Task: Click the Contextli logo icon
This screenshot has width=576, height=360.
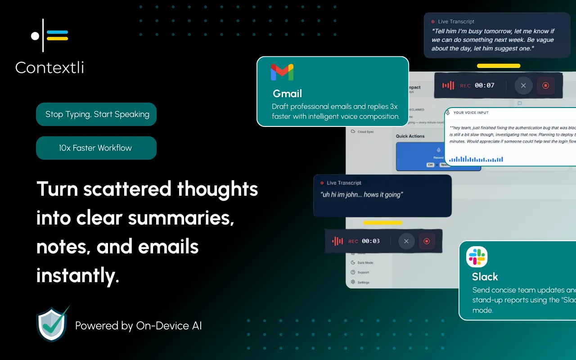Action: [49, 35]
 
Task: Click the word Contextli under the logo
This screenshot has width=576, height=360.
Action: [49, 68]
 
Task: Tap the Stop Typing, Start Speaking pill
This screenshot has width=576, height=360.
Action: [96, 114]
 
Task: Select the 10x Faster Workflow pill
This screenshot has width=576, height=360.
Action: [96, 148]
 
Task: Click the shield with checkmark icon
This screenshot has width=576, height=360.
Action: [52, 324]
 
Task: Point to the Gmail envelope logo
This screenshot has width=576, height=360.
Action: [282, 72]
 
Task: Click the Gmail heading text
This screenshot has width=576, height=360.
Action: [287, 94]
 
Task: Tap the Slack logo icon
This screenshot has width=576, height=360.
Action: [477, 257]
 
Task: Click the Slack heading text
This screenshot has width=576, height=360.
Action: [485, 277]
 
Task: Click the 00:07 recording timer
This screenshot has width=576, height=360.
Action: [484, 85]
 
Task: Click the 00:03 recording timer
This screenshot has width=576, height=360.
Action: [370, 241]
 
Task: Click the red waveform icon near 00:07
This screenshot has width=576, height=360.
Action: [448, 85]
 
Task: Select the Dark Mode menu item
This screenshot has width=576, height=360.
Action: [365, 263]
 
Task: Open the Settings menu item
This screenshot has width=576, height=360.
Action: [363, 283]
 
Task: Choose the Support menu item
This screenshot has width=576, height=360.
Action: [363, 273]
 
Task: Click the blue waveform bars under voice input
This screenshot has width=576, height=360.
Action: [476, 159]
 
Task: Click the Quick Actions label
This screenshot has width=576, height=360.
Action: [410, 136]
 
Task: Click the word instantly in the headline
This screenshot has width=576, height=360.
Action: [77, 275]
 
